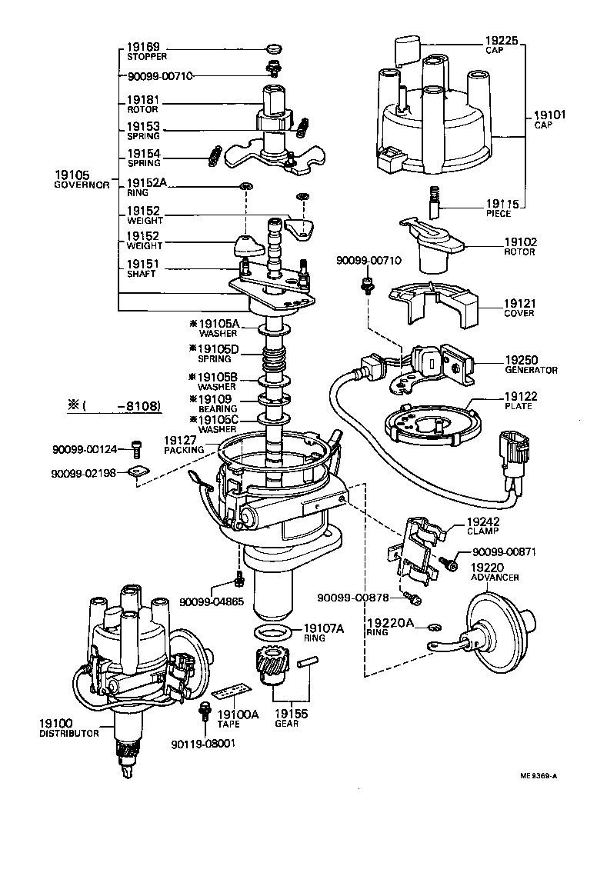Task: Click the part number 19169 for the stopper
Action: (x=143, y=47)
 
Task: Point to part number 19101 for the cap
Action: (x=549, y=115)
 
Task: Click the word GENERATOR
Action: (x=531, y=370)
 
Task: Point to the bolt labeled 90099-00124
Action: (x=138, y=445)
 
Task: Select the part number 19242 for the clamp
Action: (x=482, y=521)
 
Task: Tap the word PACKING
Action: (x=183, y=449)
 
